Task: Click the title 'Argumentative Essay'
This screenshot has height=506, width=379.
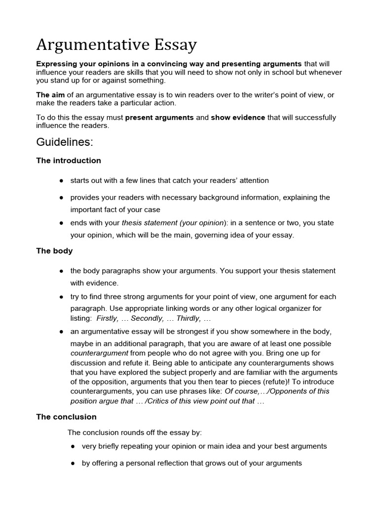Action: (x=116, y=45)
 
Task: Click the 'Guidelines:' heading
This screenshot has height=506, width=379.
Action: (x=64, y=142)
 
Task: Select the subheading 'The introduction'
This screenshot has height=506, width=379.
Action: (x=68, y=161)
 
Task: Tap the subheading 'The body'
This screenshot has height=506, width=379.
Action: (x=54, y=251)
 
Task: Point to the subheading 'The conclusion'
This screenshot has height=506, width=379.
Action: (x=66, y=417)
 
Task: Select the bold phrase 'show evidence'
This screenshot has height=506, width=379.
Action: (x=238, y=118)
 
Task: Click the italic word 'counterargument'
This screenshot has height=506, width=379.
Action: (x=99, y=353)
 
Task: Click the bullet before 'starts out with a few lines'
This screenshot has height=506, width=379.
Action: (x=61, y=181)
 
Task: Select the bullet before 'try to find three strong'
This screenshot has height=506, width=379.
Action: (x=61, y=297)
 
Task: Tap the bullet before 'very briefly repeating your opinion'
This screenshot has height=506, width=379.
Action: (x=73, y=446)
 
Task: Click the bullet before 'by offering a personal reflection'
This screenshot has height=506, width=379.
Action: (x=73, y=464)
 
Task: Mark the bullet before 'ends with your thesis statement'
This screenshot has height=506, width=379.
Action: (x=61, y=223)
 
